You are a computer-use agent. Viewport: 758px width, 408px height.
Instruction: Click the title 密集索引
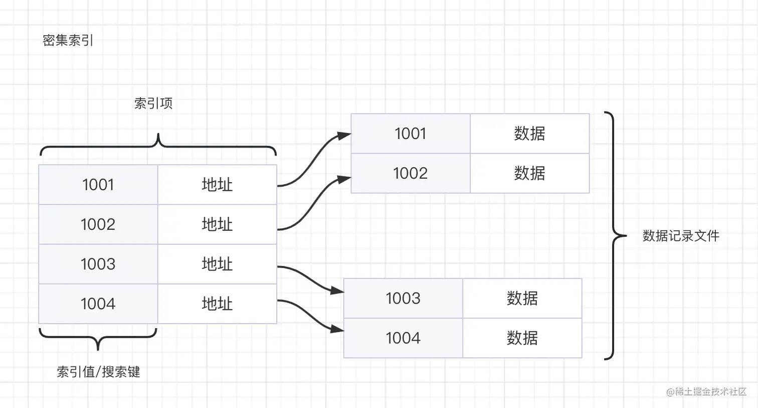68,41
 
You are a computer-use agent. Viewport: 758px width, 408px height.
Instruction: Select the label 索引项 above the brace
153,103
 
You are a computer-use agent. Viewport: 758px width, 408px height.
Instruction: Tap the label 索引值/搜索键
98,372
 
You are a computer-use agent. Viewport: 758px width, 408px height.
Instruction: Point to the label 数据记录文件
680,236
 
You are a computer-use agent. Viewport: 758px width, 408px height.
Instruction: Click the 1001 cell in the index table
98,185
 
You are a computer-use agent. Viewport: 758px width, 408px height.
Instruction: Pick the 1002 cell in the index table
98,224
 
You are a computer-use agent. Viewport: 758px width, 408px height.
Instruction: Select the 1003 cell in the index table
98,264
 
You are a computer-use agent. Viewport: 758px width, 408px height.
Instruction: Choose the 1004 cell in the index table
98,304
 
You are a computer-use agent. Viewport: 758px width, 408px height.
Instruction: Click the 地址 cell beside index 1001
217,185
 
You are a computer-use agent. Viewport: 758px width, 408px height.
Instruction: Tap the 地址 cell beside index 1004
217,304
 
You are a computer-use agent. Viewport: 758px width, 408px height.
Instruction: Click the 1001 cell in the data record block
410,133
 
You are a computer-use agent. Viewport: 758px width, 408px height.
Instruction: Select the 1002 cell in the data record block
410,173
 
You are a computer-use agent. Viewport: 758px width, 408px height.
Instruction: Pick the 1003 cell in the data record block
403,298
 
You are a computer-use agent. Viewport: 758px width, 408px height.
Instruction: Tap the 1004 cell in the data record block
403,338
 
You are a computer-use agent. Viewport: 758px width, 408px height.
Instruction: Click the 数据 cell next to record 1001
529,133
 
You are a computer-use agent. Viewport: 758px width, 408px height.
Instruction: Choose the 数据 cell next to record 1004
522,338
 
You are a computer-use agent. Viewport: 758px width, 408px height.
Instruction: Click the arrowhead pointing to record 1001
344,135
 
